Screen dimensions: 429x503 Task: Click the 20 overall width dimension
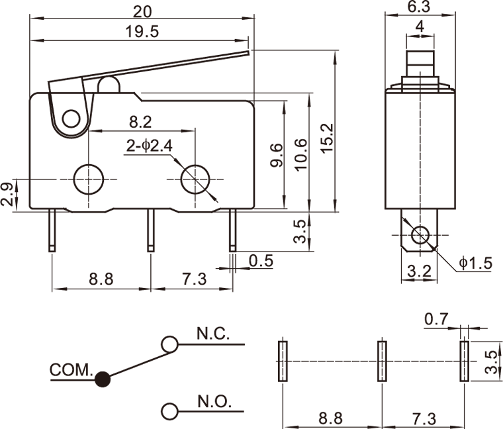coord(141,11)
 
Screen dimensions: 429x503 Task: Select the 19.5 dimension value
coord(141,31)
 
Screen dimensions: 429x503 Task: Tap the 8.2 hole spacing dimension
coord(140,122)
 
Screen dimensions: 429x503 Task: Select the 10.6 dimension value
coord(301,155)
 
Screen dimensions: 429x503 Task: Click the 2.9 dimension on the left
coord(7,195)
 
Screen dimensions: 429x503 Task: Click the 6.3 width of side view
coord(419,7)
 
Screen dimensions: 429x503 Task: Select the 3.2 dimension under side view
coord(418,270)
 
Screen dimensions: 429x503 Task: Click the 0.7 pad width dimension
coord(436,319)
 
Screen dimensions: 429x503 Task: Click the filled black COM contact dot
coord(102,379)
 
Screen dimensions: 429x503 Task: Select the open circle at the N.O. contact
coord(170,411)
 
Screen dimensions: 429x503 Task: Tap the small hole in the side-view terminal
coord(420,234)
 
